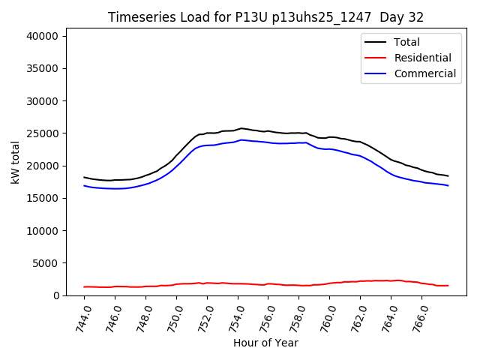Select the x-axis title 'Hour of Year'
point(265,343)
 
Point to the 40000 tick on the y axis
point(50,36)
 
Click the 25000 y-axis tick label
point(50,133)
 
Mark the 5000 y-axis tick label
point(53,263)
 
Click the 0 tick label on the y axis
point(64,295)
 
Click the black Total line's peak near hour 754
point(241,128)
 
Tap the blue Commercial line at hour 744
point(85,185)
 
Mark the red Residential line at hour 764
point(391,280)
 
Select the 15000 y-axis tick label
point(50,198)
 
